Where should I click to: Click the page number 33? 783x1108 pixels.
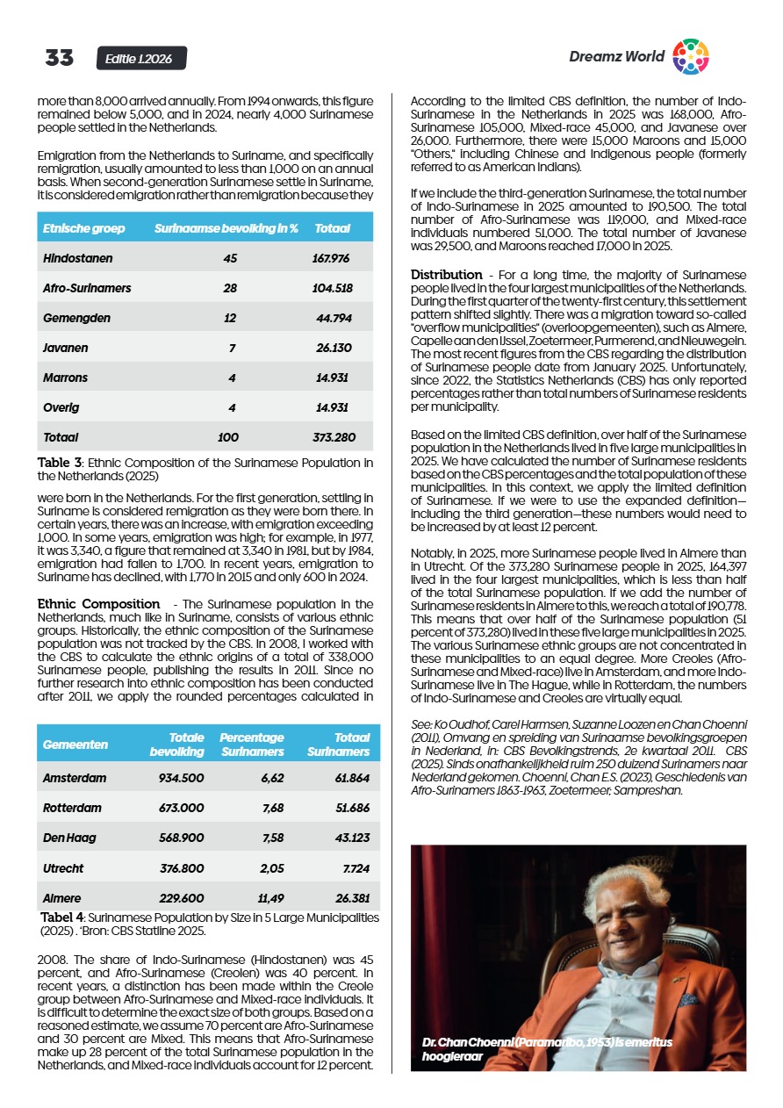tap(60, 59)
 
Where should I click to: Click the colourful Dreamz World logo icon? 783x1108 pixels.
tap(690, 57)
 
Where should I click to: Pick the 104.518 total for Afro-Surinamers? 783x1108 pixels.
tap(332, 289)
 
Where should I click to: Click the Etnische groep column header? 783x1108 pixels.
tap(84, 228)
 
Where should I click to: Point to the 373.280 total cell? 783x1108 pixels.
tap(334, 436)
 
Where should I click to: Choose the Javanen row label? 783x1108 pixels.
tap(66, 348)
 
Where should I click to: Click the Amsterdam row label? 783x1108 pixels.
tap(75, 778)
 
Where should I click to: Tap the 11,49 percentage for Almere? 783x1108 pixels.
tap(270, 898)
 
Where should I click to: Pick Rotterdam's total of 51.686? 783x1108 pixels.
tap(353, 808)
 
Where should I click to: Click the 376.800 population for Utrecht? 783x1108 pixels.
tap(182, 868)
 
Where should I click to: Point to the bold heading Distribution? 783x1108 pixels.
tap(447, 275)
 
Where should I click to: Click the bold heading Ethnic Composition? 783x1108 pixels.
tap(98, 604)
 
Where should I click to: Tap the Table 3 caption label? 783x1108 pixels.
tap(60, 463)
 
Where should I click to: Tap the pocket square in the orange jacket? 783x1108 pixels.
tap(688, 998)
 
